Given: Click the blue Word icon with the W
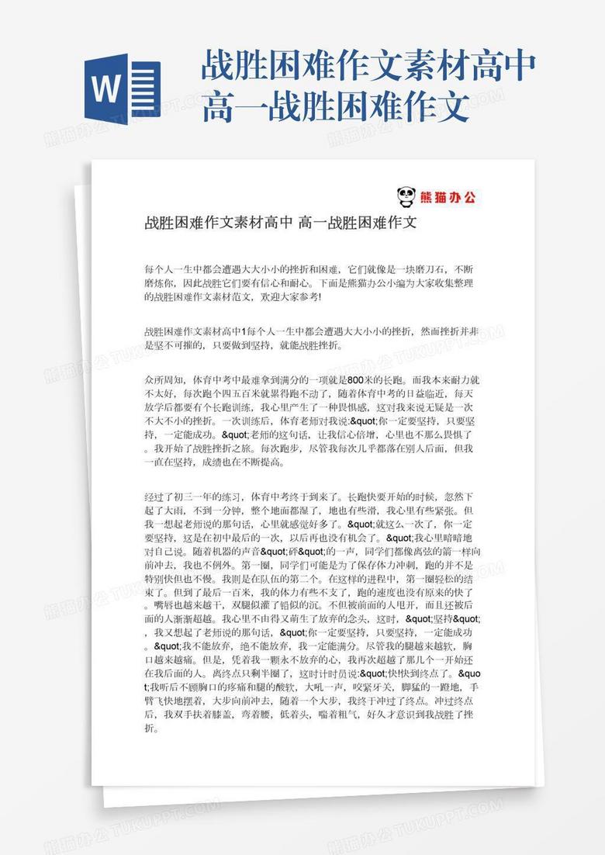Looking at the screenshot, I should point(123,85).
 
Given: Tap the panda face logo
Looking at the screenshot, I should point(405,196).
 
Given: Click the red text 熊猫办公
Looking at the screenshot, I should point(448,196).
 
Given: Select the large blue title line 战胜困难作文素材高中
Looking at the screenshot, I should point(368,67).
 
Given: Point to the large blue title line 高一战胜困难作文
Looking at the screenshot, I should point(335,108).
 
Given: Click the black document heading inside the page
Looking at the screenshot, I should point(281,224).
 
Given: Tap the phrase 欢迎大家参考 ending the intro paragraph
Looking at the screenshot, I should point(290,296).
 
